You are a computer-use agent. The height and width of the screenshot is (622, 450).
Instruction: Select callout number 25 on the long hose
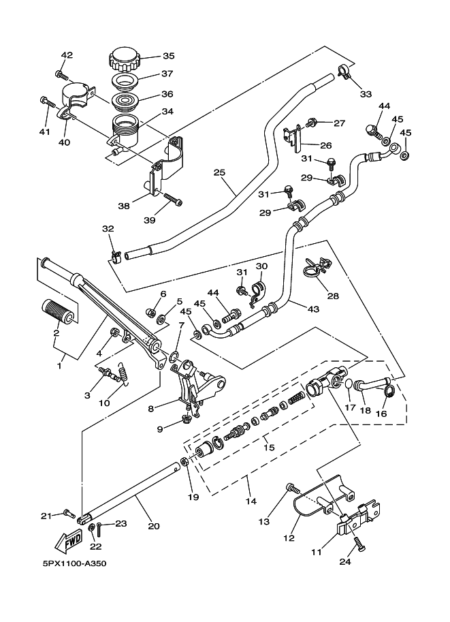(x=219, y=172)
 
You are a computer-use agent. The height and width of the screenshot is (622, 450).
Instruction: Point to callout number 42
(x=67, y=55)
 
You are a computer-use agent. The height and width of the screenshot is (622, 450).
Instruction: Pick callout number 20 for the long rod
(x=154, y=525)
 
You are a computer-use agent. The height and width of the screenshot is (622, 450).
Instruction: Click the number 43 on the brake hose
(x=312, y=309)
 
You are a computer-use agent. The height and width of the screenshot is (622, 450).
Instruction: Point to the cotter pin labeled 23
(x=100, y=527)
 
